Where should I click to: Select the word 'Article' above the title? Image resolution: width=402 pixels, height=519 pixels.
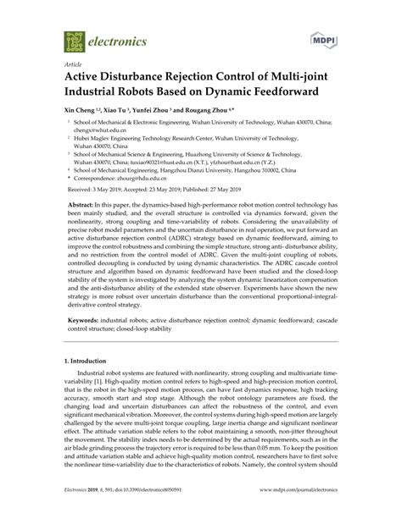(73, 63)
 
